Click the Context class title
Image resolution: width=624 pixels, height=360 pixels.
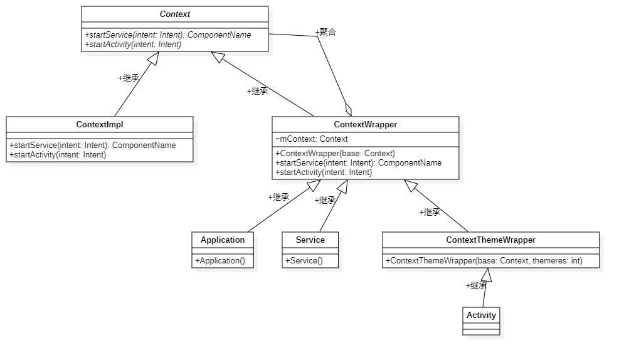175,14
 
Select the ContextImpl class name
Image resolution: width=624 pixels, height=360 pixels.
100,125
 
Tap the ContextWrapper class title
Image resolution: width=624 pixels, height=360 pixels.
366,125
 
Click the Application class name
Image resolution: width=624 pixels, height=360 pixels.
223,240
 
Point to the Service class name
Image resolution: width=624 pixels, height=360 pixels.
310,240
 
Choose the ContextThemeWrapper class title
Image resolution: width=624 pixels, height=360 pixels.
490,240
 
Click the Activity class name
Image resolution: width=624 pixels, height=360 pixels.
481,315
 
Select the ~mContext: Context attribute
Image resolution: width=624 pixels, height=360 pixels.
312,139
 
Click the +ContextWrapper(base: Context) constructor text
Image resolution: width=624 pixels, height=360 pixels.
335,153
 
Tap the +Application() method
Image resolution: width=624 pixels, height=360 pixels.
220,260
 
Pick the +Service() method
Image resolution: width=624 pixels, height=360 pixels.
304,260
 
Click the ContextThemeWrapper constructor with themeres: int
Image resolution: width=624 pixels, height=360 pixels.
484,260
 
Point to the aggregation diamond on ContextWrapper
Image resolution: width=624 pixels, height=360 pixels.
349,109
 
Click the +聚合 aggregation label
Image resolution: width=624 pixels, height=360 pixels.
325,32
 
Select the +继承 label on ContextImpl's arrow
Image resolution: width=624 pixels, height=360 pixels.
129,78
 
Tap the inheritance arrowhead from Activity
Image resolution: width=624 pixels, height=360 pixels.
487,275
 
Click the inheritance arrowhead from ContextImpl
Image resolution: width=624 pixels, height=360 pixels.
154,58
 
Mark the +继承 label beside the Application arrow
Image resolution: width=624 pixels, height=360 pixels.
278,197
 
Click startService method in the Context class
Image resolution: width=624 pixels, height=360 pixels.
168,35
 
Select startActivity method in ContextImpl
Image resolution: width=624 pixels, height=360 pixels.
58,155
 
